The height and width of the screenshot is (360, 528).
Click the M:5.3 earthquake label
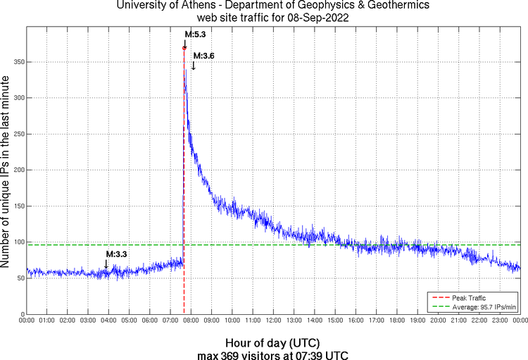click(195, 33)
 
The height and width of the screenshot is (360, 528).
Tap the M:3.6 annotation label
click(203, 56)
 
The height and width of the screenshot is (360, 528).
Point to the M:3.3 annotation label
click(117, 254)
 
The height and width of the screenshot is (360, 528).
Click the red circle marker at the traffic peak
click(184, 48)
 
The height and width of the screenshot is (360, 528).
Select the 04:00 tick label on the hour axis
click(108, 321)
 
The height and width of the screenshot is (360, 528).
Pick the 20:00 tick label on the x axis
click(438, 321)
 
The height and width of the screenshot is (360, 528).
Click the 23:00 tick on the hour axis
click(499, 321)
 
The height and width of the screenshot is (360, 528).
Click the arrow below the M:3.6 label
click(194, 66)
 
